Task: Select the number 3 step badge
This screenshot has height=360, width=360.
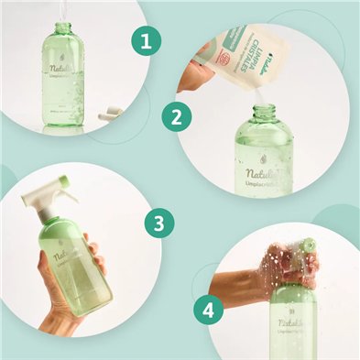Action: coord(161,224)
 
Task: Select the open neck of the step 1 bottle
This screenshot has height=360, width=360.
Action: coord(63,28)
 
